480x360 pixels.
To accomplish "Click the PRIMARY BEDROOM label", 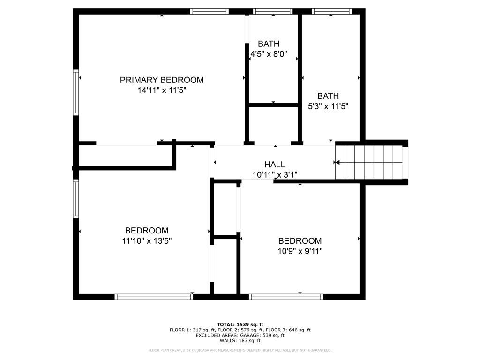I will tap(162, 80).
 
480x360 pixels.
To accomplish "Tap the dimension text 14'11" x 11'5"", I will tap(162, 90).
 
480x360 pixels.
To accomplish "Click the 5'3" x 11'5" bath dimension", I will tap(328, 106).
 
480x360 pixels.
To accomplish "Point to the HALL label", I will tap(274, 164).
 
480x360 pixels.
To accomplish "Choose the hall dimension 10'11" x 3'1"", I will tap(274, 175).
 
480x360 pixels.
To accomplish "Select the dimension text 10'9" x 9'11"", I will tap(300, 251).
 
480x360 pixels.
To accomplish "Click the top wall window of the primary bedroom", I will tap(210, 11).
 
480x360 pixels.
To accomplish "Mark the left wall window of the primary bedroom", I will tap(75, 92).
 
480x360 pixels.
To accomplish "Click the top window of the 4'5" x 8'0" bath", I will tap(272, 11).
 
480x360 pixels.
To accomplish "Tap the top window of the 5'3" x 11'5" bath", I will tap(331, 11).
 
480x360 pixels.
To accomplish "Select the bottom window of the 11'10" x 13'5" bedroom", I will tap(154, 296).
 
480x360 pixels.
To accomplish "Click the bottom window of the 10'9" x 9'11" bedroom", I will tap(286, 296).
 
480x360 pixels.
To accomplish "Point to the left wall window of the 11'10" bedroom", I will tap(75, 199).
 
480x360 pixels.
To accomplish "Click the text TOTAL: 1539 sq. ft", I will tap(240, 324).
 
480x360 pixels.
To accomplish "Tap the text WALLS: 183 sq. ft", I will tap(240, 341).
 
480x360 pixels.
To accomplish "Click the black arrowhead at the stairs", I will tap(336, 163).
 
